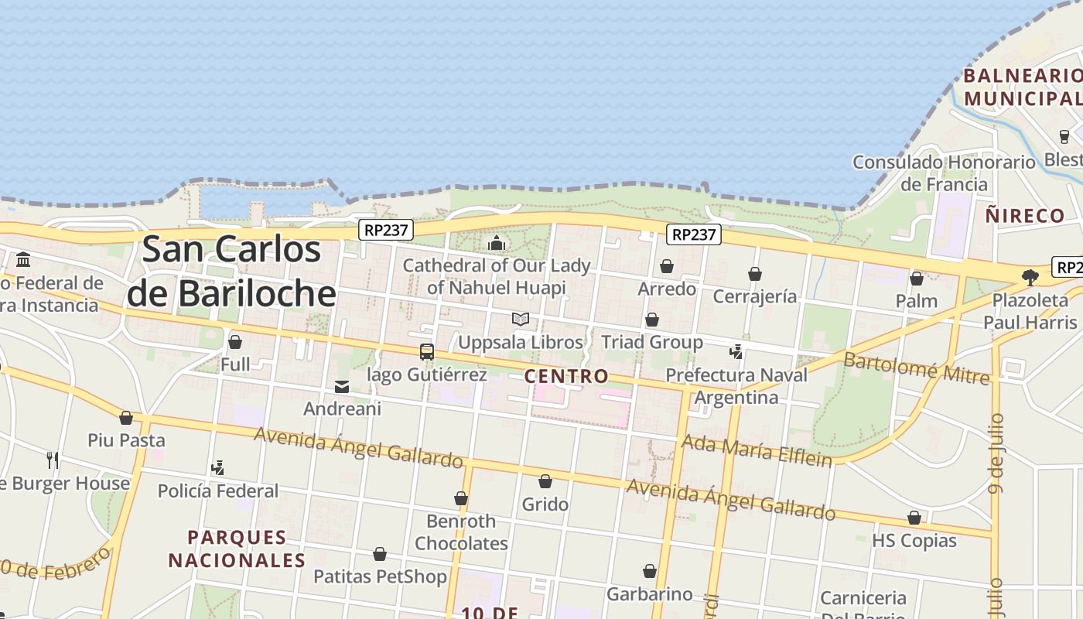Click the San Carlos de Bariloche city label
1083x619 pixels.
click(232, 271)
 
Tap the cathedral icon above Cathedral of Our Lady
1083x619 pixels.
click(497, 244)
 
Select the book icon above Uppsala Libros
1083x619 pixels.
click(521, 319)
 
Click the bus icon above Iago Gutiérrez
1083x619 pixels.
click(427, 352)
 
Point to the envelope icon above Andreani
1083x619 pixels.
click(342, 387)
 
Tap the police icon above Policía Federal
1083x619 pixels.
click(218, 467)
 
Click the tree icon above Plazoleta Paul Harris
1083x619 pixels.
click(1030, 277)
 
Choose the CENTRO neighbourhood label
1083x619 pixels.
click(566, 377)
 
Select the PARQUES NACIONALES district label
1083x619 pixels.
click(237, 548)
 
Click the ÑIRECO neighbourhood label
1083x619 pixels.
click(1025, 216)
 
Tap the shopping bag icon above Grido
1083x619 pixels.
click(545, 481)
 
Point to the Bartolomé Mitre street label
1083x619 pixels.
click(916, 368)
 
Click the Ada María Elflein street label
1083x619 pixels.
click(756, 450)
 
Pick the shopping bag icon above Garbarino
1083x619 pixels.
click(650, 571)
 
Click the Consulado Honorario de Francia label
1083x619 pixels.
click(944, 173)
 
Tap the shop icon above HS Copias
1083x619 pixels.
click(914, 518)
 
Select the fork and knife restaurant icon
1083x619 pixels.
click(53, 460)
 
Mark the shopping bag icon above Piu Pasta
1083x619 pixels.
click(126, 418)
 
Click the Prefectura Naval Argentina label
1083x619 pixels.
click(736, 386)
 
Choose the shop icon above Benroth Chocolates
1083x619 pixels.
click(461, 498)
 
